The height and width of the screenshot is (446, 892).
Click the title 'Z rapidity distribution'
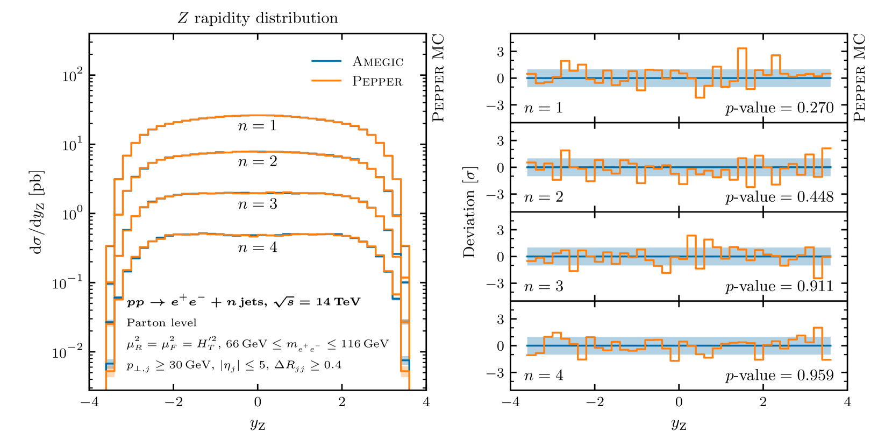click(x=258, y=18)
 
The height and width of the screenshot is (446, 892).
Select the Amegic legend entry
click(x=377, y=62)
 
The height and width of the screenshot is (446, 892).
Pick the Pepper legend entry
click(x=377, y=81)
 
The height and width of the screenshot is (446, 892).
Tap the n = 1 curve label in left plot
click(x=258, y=126)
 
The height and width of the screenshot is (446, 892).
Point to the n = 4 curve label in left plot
click(x=258, y=247)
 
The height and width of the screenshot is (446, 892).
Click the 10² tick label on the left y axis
click(x=73, y=75)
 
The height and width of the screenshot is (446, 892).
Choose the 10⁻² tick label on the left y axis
click(x=68, y=352)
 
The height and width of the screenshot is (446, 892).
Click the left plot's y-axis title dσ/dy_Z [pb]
click(x=37, y=212)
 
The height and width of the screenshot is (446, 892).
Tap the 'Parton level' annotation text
click(x=161, y=323)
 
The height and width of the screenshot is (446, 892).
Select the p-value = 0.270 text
click(x=779, y=108)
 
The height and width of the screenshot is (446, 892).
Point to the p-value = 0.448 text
click(x=779, y=197)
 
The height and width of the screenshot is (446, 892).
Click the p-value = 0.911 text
click(x=779, y=286)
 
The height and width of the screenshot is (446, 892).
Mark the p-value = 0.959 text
click(x=779, y=376)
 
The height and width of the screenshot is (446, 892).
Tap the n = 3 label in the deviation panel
click(x=544, y=286)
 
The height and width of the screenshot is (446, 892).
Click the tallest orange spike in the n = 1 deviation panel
click(x=742, y=49)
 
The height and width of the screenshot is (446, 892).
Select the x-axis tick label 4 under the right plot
click(x=847, y=402)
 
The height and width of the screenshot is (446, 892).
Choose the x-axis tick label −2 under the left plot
click(x=173, y=402)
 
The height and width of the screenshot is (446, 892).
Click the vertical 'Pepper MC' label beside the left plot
click(x=439, y=77)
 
